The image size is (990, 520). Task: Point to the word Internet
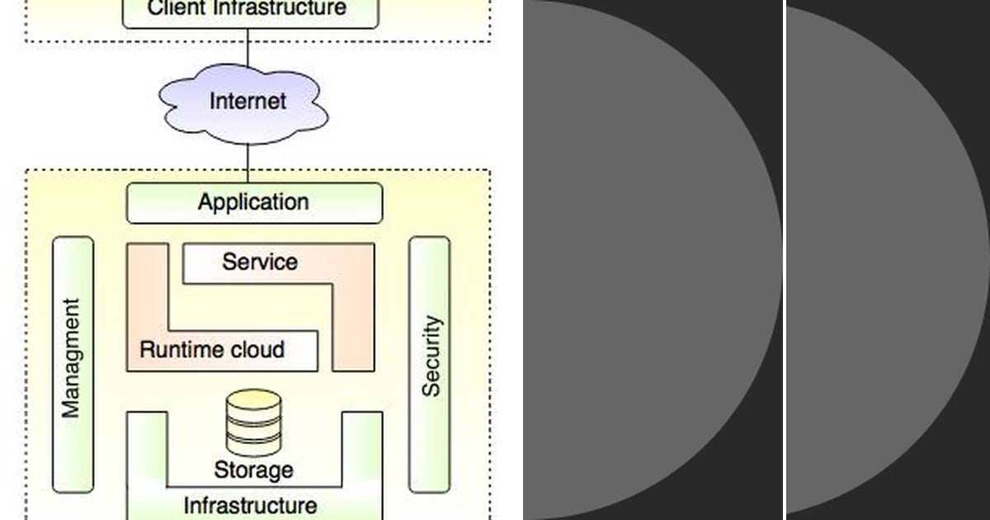click(x=247, y=102)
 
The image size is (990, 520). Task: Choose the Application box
click(x=254, y=203)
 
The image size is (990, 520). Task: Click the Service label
click(x=259, y=262)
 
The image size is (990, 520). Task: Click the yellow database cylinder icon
click(x=253, y=422)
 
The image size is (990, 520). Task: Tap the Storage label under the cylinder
click(x=253, y=470)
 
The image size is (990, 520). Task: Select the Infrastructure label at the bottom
click(x=250, y=505)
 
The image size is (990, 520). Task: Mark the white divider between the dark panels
click(x=784, y=260)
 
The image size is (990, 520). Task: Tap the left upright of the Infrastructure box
click(x=147, y=450)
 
